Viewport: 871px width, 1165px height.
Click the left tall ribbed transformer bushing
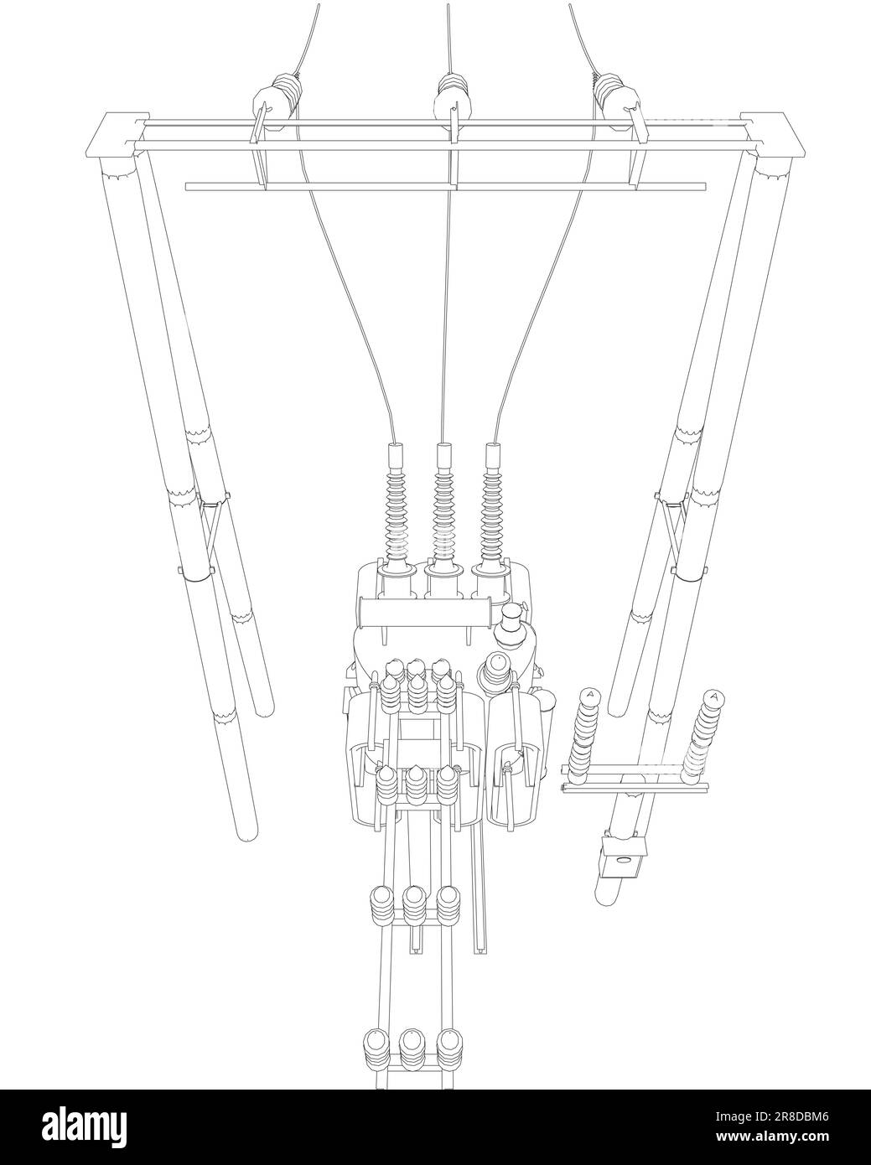point(396,511)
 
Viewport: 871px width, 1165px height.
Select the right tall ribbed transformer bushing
point(493,511)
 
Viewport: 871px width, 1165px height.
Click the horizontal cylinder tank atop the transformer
point(424,613)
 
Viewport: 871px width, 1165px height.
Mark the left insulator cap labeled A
point(590,694)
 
